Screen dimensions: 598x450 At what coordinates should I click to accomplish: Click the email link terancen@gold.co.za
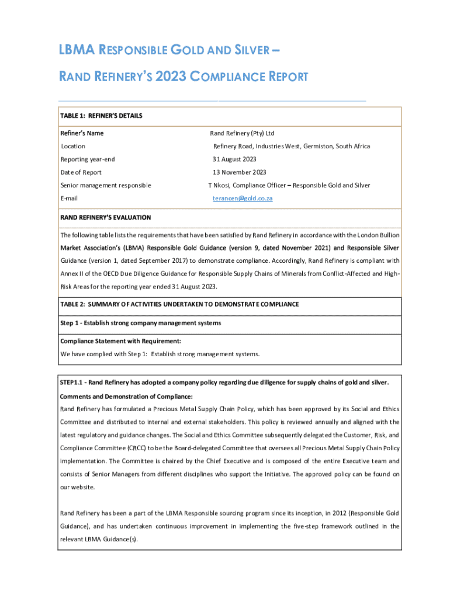click(242, 199)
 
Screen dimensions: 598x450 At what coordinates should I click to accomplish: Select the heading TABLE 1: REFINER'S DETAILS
click(101, 116)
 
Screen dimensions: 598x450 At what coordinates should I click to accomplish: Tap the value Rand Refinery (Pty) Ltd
click(242, 133)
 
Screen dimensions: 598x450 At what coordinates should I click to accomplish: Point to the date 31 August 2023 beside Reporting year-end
click(234, 159)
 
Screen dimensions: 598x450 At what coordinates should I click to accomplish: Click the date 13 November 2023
click(239, 172)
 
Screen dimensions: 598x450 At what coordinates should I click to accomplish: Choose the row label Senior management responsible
click(106, 185)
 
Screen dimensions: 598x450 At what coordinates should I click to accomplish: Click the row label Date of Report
click(81, 172)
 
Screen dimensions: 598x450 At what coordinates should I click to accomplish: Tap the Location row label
click(73, 146)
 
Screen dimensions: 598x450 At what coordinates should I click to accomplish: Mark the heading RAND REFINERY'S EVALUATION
click(106, 217)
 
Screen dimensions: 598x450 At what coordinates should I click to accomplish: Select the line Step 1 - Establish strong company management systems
click(140, 323)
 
